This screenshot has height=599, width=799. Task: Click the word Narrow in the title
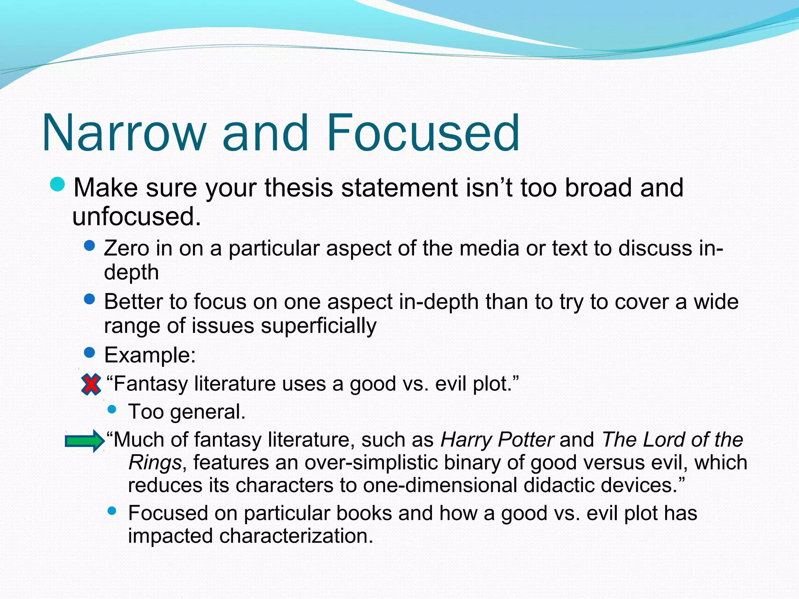pos(124,133)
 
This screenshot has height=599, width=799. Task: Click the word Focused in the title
pos(423,133)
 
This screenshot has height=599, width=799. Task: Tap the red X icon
pos(91,385)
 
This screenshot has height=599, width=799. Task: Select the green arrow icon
pos(85,441)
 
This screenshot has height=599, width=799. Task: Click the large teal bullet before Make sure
pos(58,184)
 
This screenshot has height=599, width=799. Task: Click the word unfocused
pos(137,216)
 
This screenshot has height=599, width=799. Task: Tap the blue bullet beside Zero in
pos(89,246)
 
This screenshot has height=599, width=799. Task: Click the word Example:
pos(150,355)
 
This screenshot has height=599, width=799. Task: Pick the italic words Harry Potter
pos(497,440)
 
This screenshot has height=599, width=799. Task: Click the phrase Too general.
pos(187,412)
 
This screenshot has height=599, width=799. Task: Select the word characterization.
pos(296,536)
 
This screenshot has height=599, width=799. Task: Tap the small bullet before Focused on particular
pos(112,510)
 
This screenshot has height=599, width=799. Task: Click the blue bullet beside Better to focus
pos(89,299)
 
